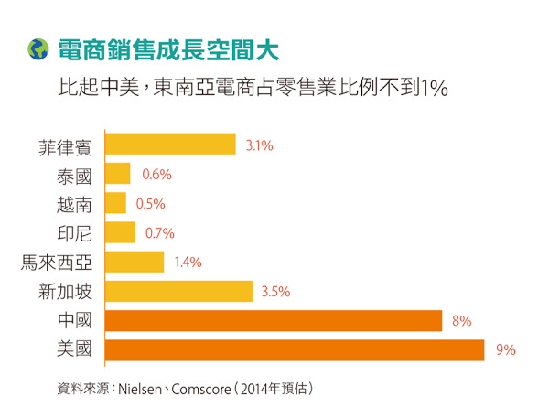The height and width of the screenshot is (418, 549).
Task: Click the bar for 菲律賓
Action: pos(170,145)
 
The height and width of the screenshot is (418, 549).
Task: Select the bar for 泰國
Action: pos(118,174)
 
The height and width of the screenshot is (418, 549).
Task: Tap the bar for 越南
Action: pos(115,203)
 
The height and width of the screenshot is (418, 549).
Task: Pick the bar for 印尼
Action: pos(120,232)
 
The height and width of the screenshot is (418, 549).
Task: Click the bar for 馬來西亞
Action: pos(135,262)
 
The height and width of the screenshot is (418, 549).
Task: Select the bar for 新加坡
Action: pos(178,292)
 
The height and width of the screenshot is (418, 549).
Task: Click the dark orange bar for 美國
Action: pos(295,350)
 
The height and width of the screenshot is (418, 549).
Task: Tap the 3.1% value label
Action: pos(260,145)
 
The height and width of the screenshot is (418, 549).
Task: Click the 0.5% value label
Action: pos(150,203)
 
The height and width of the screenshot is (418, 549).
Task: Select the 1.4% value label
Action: pos(188,263)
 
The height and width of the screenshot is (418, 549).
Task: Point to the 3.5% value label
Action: pos(275,292)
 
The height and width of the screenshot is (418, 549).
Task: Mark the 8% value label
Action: pos(461,321)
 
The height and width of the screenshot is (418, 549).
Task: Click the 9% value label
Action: pos(506,350)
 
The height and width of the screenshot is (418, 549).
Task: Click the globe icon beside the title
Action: pos(38,48)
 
